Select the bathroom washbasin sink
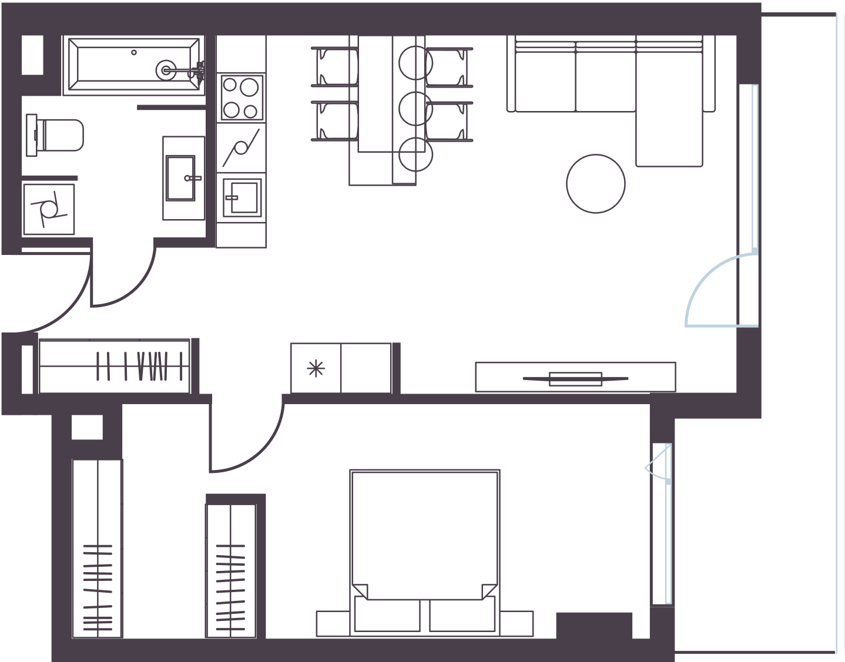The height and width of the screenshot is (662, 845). [x=182, y=178]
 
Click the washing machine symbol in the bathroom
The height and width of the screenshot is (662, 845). [x=48, y=209]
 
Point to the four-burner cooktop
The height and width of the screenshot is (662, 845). [x=242, y=98]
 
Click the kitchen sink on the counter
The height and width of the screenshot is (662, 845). [x=242, y=197]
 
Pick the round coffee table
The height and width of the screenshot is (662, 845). [x=595, y=183]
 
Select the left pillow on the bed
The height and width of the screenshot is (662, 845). [x=388, y=615]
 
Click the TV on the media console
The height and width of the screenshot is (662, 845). [x=575, y=379]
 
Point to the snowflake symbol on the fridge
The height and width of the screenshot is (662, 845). [x=316, y=368]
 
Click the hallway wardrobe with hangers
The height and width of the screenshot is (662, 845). [x=115, y=366]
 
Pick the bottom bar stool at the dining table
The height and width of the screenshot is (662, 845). [x=415, y=154]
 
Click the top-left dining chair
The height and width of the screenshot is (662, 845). [x=334, y=66]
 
